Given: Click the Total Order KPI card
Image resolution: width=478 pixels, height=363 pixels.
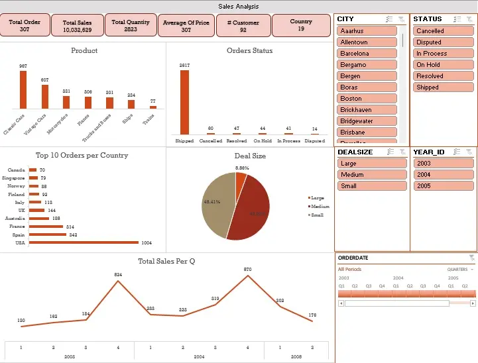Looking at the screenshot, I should click(x=25, y=26).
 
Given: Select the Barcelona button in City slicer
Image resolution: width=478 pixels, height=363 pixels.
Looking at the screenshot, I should click(x=367, y=54).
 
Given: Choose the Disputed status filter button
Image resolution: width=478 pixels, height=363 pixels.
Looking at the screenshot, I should click(x=443, y=42).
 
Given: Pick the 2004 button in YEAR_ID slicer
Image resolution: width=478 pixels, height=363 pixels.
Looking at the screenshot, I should click(x=443, y=175).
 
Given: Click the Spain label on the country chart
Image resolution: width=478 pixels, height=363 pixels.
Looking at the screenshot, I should click(x=19, y=234).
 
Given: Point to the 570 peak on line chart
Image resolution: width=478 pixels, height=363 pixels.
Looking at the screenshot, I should click(x=248, y=276).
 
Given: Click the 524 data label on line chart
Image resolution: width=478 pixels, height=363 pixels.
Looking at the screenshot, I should click(x=118, y=274).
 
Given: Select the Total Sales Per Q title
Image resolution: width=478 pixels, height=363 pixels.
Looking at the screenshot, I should click(x=166, y=261).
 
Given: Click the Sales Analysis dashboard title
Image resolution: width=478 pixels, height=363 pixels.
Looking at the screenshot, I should click(x=239, y=7).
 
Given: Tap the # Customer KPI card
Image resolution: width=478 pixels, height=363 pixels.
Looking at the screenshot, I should click(x=243, y=26).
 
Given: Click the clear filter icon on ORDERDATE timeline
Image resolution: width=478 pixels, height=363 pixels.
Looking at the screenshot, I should click(x=471, y=258).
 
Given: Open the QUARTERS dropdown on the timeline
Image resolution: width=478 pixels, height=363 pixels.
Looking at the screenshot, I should click(x=461, y=270).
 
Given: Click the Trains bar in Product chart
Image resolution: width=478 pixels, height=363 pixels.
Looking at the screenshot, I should click(x=153, y=106).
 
